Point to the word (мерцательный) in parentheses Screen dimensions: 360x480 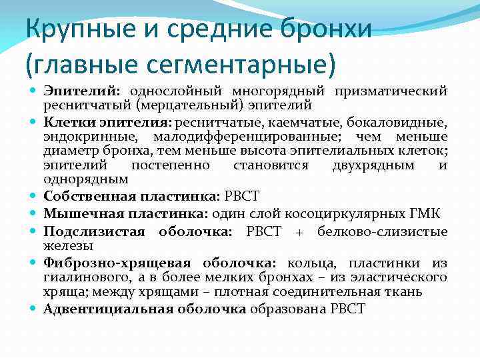(179, 105)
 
